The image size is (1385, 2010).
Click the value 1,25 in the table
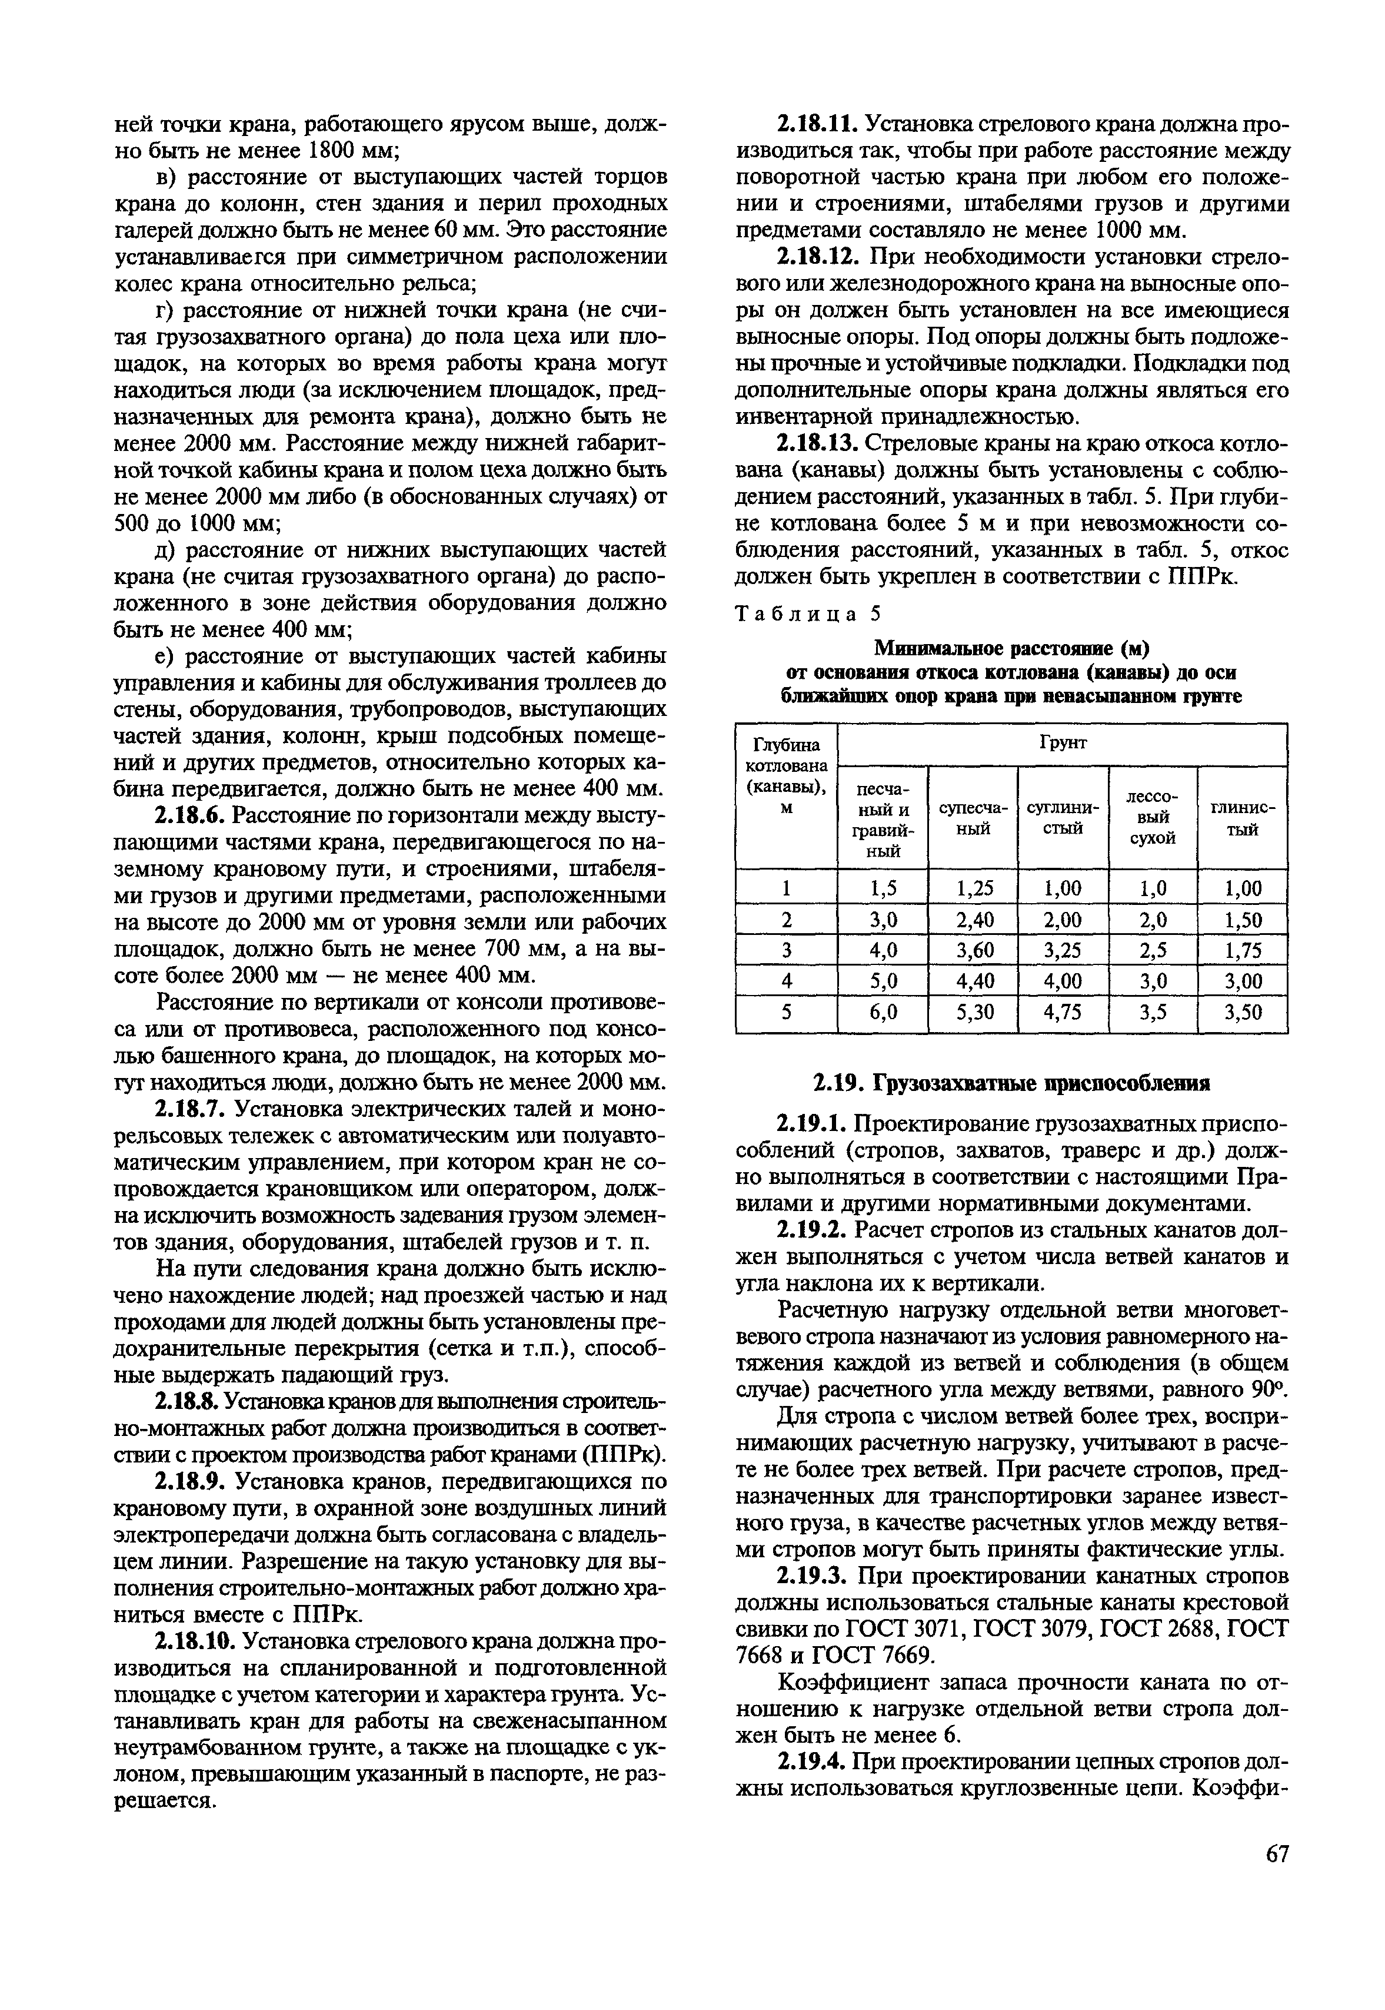974,888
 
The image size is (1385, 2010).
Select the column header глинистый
1242,818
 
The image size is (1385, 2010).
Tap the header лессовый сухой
1153,818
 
